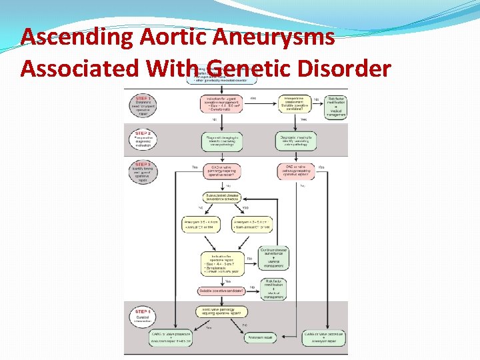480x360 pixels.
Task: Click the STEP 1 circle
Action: tap(142, 104)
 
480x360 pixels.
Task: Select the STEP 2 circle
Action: tap(142, 139)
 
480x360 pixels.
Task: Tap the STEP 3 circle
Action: tap(142, 175)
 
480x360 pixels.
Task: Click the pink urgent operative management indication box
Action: tap(221, 104)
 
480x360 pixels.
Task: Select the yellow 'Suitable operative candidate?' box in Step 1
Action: tap(296, 104)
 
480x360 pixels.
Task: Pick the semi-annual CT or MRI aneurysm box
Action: tap(251, 225)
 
